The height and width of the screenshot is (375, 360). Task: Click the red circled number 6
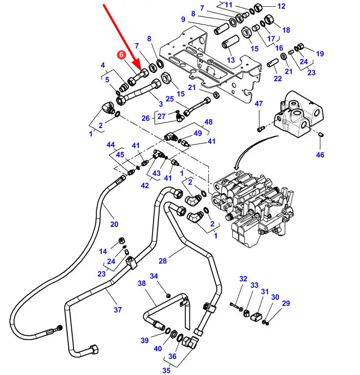(x=121, y=55)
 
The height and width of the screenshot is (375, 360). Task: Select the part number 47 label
(x=259, y=103)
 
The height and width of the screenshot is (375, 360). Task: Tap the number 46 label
(x=320, y=155)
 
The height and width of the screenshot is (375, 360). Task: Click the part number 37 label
(x=118, y=310)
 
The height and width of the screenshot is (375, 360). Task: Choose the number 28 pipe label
(x=163, y=261)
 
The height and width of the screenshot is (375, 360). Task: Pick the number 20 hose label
(x=114, y=224)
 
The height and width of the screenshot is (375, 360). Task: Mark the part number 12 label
(x=281, y=6)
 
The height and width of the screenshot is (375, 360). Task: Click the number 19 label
(x=320, y=54)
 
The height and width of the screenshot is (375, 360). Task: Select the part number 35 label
(x=167, y=370)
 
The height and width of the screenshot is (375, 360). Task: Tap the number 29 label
(x=286, y=303)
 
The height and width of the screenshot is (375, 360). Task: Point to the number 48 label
(x=208, y=122)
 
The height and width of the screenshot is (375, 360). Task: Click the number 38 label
(x=142, y=283)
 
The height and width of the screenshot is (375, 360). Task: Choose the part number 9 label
(x=183, y=19)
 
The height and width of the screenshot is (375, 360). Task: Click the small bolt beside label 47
(x=260, y=129)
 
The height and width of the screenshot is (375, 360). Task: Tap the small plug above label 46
(x=322, y=135)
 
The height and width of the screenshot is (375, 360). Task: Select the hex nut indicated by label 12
(x=258, y=7)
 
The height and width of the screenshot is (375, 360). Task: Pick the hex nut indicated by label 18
(x=268, y=19)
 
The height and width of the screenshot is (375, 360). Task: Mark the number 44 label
(x=111, y=145)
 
